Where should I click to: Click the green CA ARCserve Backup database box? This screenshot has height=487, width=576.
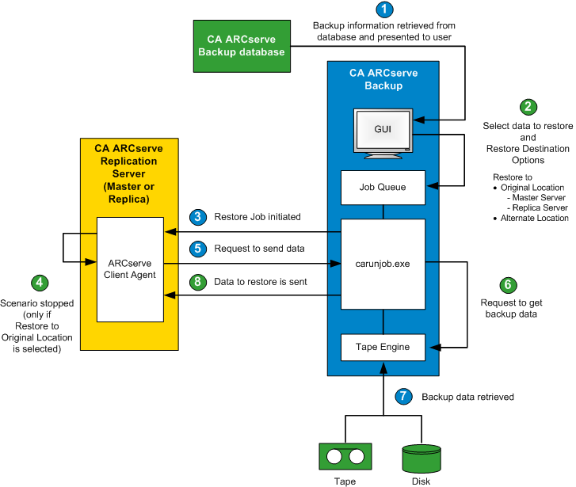click(241, 45)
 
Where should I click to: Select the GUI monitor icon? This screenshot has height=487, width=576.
click(383, 130)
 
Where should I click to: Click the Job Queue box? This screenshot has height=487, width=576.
click(383, 188)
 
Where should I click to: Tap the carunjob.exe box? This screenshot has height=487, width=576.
click(383, 264)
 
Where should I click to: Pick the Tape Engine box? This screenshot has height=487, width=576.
click(383, 346)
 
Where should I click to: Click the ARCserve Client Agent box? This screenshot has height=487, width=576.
click(130, 269)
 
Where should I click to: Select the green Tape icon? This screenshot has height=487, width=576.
click(345, 457)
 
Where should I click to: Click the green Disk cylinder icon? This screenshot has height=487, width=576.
click(422, 457)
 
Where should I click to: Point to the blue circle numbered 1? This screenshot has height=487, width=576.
click(384, 10)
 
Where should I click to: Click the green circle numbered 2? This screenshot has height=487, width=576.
click(527, 107)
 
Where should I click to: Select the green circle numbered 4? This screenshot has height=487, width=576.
click(37, 282)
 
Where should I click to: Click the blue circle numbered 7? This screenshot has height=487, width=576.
click(404, 395)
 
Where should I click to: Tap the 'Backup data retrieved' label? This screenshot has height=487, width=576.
click(467, 396)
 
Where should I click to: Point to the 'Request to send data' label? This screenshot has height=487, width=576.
click(259, 248)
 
